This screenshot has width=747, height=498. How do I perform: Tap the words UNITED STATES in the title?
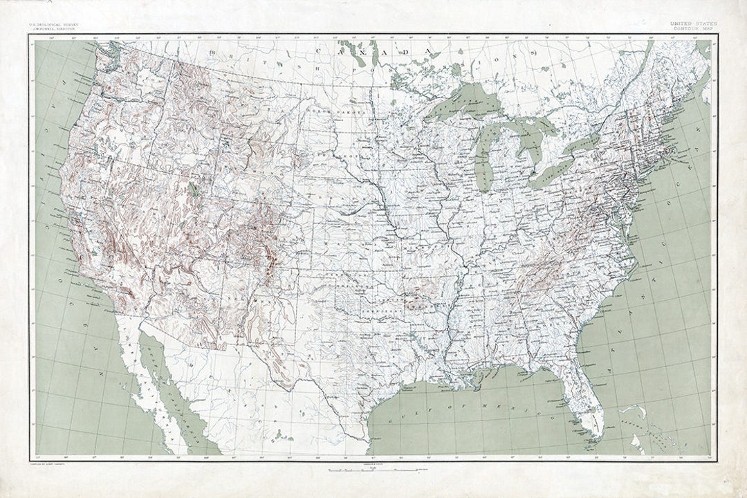(x=693, y=24)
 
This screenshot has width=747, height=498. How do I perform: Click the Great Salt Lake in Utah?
(x=193, y=189)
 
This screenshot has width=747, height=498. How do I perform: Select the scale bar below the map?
(x=373, y=470)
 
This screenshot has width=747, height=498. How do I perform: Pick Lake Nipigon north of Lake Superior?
(x=456, y=68)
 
